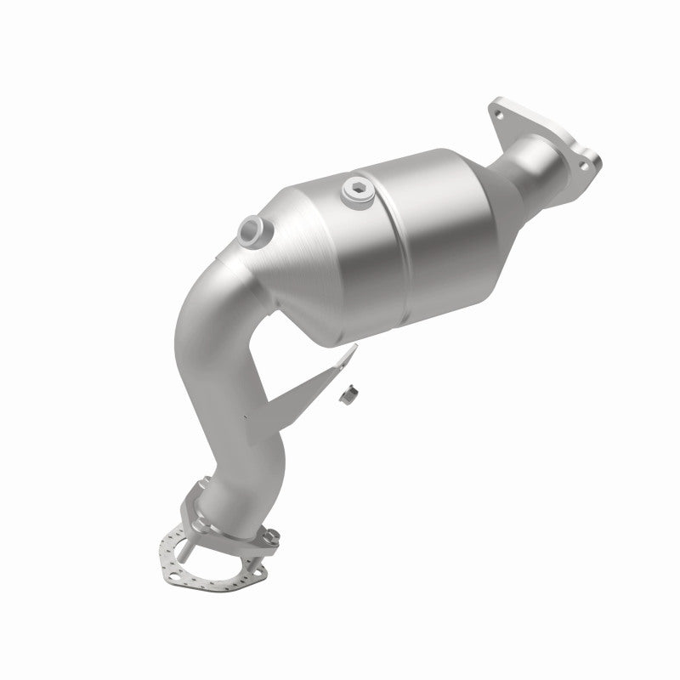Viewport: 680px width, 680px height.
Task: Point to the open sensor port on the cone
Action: coord(252,227)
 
